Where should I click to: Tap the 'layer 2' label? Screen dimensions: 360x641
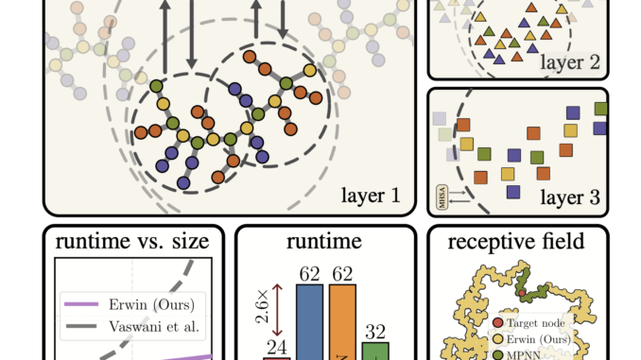(x=572, y=63)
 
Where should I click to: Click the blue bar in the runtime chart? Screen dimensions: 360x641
(x=310, y=322)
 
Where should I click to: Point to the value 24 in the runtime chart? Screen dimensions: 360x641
(x=277, y=348)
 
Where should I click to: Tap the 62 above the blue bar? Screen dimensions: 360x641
(x=310, y=273)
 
